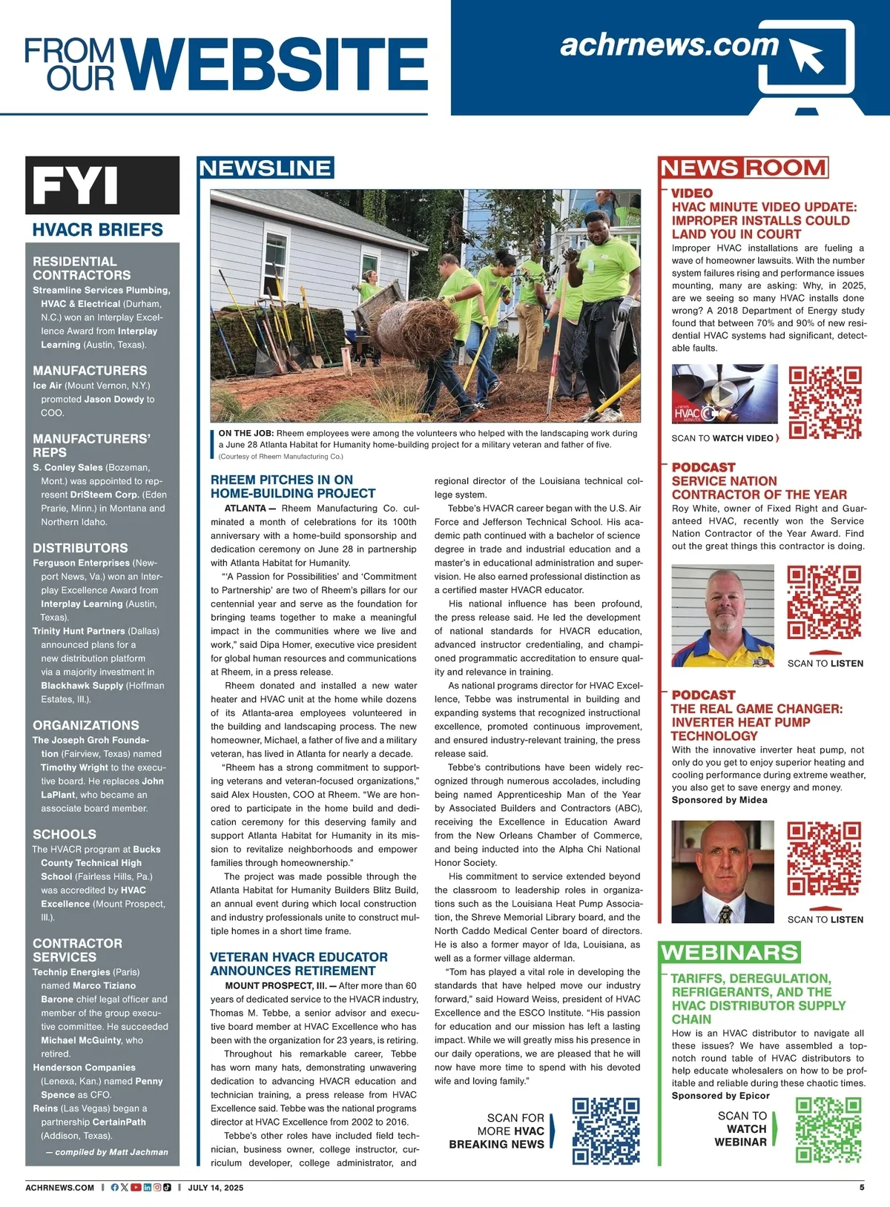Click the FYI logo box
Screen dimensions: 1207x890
point(102,185)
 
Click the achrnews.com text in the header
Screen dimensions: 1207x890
point(669,45)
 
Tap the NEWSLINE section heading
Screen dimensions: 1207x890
point(266,168)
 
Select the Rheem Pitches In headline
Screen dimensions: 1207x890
point(293,486)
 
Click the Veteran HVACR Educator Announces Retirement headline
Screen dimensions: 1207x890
point(298,964)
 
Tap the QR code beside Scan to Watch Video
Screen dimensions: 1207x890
point(825,403)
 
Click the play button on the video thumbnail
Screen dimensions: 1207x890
point(724,394)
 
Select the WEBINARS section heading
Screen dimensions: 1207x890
point(730,953)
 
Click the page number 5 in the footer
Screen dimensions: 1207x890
point(862,1187)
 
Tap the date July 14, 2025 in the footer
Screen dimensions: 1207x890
point(216,1188)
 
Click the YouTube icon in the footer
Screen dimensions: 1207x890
point(136,1187)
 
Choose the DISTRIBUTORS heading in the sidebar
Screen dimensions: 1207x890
point(80,548)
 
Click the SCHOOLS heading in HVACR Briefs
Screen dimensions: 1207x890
point(65,834)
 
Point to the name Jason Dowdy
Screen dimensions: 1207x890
point(113,399)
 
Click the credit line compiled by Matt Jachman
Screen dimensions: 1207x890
point(107,1152)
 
